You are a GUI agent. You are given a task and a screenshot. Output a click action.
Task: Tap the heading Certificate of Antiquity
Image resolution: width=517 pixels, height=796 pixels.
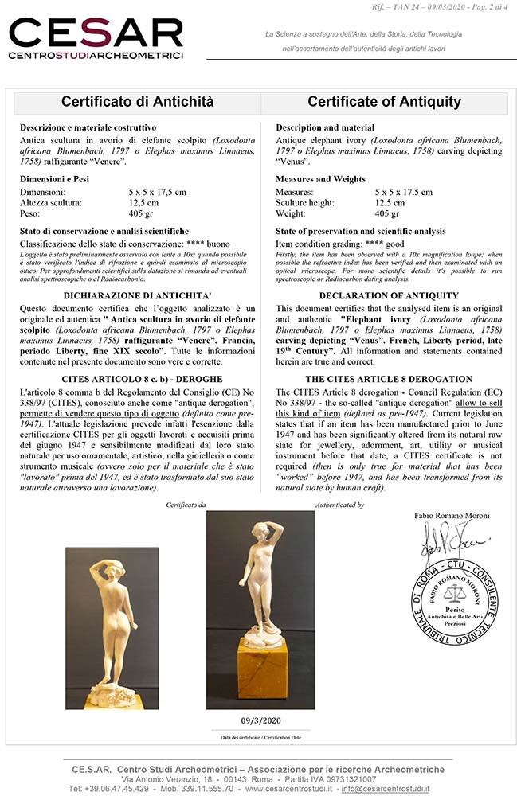point(384,102)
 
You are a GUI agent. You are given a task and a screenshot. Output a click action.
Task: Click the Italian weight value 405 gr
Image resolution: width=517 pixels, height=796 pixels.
point(142,214)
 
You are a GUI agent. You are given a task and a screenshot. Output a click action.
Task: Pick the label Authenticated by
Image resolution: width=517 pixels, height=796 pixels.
point(340,505)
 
